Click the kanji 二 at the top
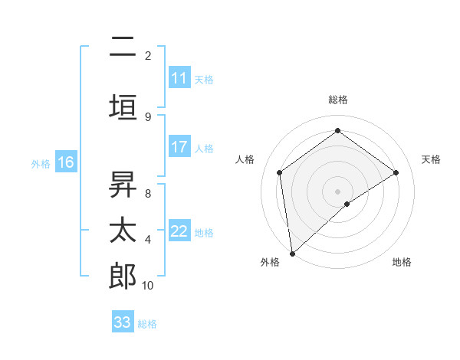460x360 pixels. click(x=123, y=47)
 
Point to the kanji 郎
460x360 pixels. click(x=123, y=277)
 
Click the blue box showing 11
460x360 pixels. click(x=179, y=78)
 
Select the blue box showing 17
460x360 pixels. click(x=179, y=147)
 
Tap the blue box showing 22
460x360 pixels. click(x=179, y=232)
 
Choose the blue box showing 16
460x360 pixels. click(x=65, y=162)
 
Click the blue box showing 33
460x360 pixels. click(x=123, y=322)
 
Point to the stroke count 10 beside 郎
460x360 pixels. click(x=148, y=286)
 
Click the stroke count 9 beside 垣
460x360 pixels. click(x=147, y=116)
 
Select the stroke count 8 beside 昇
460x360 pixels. click(x=147, y=193)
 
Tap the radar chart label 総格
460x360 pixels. click(x=337, y=100)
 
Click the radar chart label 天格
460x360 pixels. click(x=431, y=159)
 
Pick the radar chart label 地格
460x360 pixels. click(x=402, y=262)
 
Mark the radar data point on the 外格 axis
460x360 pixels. click(x=292, y=253)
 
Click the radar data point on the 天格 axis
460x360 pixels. click(x=396, y=172)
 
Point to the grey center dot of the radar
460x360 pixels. click(x=337, y=191)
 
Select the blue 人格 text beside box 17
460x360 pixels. click(x=204, y=148)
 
